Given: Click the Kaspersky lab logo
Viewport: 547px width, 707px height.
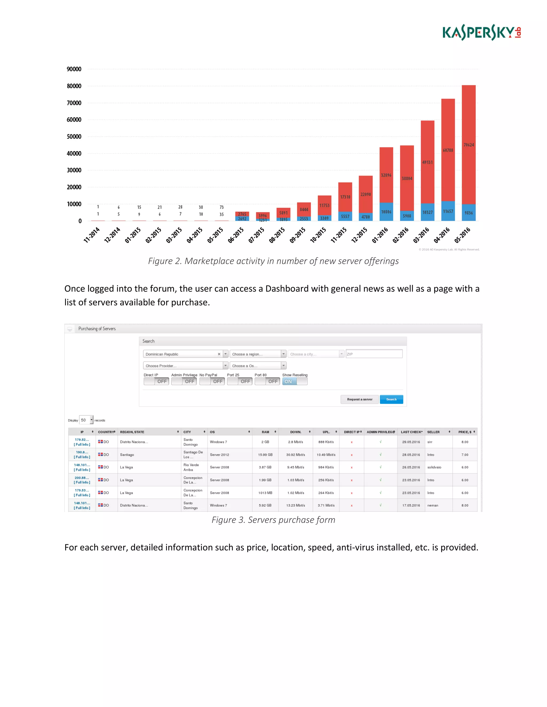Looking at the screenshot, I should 482,32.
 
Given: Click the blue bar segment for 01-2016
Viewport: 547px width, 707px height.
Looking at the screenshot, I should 386,212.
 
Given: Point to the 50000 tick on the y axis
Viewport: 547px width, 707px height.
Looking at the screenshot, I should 74,137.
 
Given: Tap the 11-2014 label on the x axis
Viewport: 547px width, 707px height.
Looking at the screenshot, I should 92,235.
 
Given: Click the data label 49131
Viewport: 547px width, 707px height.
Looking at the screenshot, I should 427,162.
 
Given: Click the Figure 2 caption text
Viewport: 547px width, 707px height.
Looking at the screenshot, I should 273,261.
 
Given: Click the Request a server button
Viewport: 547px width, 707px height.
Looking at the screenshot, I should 360,399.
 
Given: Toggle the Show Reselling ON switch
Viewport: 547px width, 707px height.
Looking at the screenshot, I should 295,381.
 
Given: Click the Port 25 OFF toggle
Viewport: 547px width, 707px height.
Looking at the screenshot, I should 240,381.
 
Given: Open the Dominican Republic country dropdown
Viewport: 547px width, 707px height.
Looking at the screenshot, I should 225,354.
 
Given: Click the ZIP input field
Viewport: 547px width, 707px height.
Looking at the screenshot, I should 374,354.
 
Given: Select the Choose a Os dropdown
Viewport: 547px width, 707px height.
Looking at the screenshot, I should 258,366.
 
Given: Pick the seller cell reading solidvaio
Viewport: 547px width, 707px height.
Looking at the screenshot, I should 434,467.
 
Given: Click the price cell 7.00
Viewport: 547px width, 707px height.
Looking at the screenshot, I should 465,455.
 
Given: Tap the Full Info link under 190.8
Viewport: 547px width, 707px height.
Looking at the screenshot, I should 82,457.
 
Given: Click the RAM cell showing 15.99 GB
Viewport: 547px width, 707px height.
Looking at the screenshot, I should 265,455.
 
